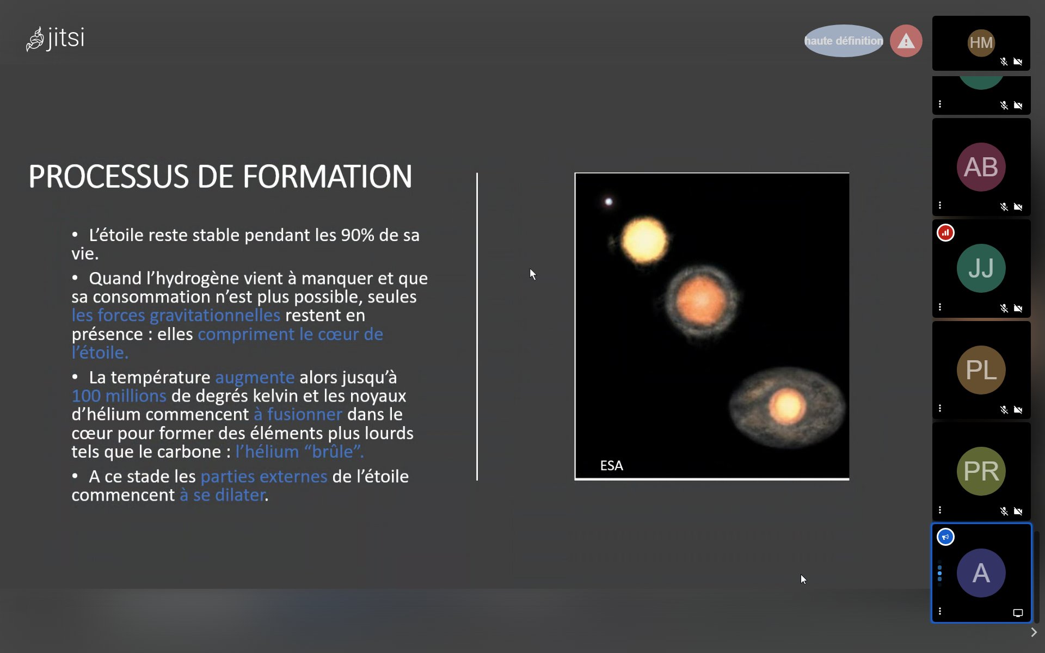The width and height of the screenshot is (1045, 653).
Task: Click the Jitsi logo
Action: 55,39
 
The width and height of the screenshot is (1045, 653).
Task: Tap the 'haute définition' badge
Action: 844,41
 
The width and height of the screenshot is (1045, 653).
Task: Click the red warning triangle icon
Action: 906,41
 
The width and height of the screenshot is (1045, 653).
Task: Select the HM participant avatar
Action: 981,42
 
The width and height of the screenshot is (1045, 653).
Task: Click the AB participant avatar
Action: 981,167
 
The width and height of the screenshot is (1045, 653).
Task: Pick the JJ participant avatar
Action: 981,268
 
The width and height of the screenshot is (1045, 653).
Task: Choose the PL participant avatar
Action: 981,370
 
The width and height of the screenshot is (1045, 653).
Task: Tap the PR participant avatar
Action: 981,471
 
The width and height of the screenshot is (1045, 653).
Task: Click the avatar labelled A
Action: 981,573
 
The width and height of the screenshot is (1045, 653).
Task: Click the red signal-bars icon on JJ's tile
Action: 945,233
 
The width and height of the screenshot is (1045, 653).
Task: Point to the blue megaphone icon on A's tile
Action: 945,537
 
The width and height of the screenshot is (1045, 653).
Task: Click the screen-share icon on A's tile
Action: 1018,613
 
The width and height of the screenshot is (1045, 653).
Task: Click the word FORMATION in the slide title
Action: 328,177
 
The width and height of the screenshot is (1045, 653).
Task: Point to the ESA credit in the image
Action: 612,466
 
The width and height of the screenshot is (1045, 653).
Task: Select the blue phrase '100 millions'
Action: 119,396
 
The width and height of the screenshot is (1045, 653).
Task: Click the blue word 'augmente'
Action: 255,377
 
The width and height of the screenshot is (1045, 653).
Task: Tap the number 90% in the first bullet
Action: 358,235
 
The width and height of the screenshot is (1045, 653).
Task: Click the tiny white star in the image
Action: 608,202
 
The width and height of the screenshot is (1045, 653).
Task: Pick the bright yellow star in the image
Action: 644,241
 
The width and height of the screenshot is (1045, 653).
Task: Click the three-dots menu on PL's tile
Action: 940,409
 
